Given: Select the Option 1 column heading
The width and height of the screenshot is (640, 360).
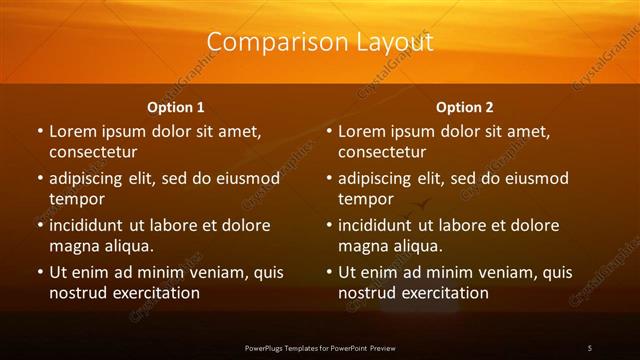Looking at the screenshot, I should tap(176, 107).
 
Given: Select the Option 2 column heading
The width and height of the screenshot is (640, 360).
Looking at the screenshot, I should tap(465, 107).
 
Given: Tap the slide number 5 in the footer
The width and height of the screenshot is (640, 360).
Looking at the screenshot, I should tap(590, 347).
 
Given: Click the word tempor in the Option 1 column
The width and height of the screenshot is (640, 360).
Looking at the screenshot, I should tap(74, 199).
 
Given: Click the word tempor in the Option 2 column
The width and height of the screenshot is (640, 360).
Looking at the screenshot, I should tap(363, 199).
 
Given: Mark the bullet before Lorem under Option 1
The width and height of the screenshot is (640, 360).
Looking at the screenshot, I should tap(40, 131).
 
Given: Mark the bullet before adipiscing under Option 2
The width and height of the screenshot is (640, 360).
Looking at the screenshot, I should tap(329, 178).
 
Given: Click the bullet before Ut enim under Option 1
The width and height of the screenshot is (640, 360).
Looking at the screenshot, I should tap(40, 272).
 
